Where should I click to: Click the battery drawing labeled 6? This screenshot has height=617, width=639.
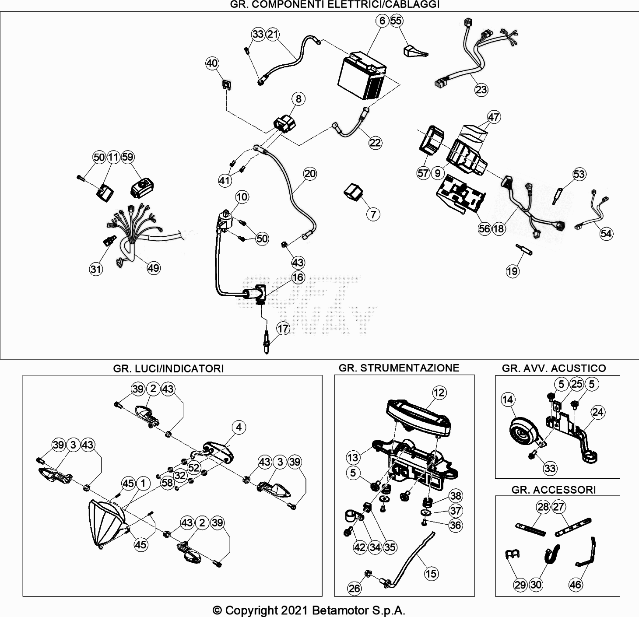[362, 76]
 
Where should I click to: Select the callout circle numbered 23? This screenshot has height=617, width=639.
[481, 89]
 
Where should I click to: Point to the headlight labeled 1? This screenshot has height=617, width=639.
[106, 523]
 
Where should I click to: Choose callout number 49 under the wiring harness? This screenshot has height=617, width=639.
[153, 268]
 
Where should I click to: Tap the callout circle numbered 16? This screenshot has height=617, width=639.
[298, 277]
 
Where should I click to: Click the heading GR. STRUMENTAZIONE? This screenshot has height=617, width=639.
[399, 368]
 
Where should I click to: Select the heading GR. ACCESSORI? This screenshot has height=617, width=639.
[553, 489]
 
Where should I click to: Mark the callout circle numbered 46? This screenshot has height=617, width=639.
[576, 585]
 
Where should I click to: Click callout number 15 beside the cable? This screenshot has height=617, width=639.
[431, 573]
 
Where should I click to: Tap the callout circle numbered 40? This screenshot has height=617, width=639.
[212, 63]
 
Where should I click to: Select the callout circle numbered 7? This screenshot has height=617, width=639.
[373, 214]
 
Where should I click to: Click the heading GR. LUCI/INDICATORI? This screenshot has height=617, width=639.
[168, 368]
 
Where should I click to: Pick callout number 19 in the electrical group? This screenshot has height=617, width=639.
[512, 271]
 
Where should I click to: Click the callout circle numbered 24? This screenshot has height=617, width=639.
[597, 412]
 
